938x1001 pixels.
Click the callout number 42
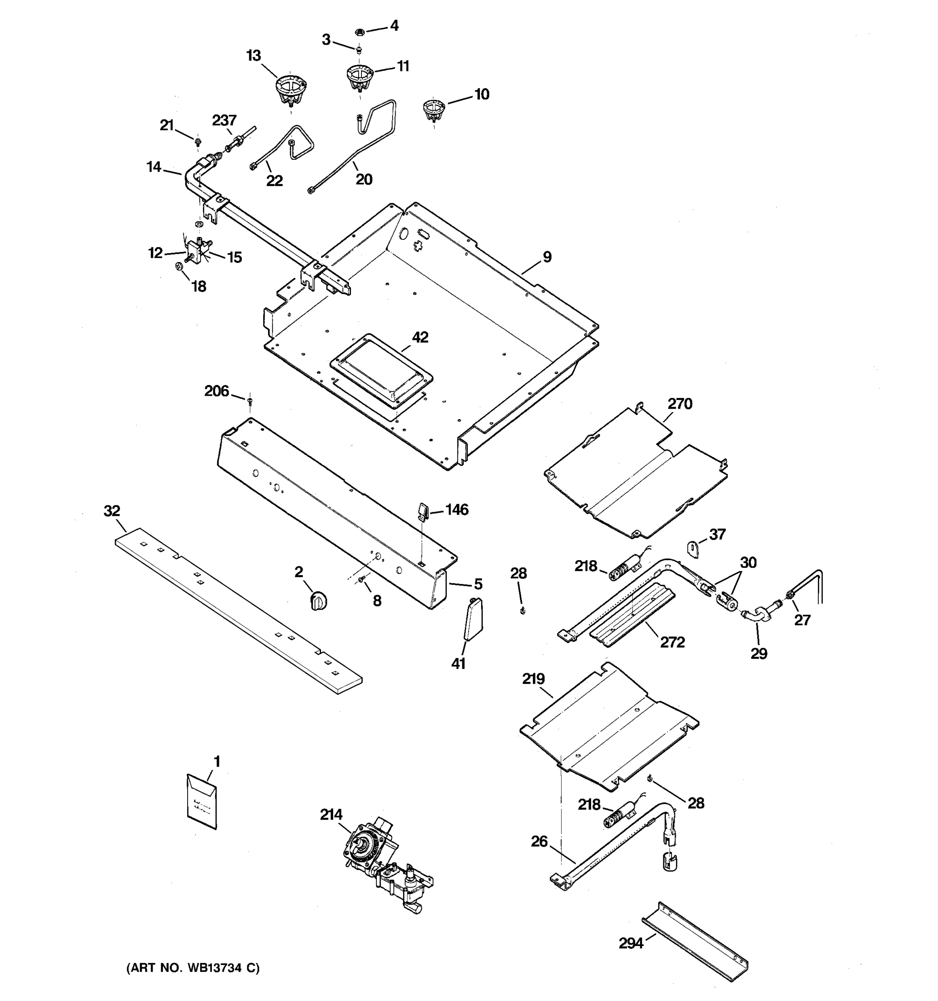(420, 337)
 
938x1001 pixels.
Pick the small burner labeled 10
(433, 110)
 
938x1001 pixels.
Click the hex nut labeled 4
(360, 32)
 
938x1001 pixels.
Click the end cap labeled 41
(472, 619)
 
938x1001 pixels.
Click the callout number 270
(680, 404)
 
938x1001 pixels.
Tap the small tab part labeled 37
(693, 549)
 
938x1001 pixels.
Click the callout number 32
(112, 511)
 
